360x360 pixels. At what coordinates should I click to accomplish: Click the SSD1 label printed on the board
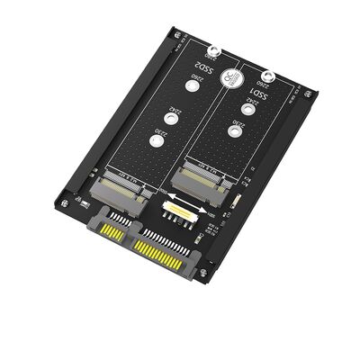pos(255,93)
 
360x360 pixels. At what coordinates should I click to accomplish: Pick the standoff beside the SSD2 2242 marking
pos(167,117)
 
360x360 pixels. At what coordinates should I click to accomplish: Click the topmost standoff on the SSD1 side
pos(265,77)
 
